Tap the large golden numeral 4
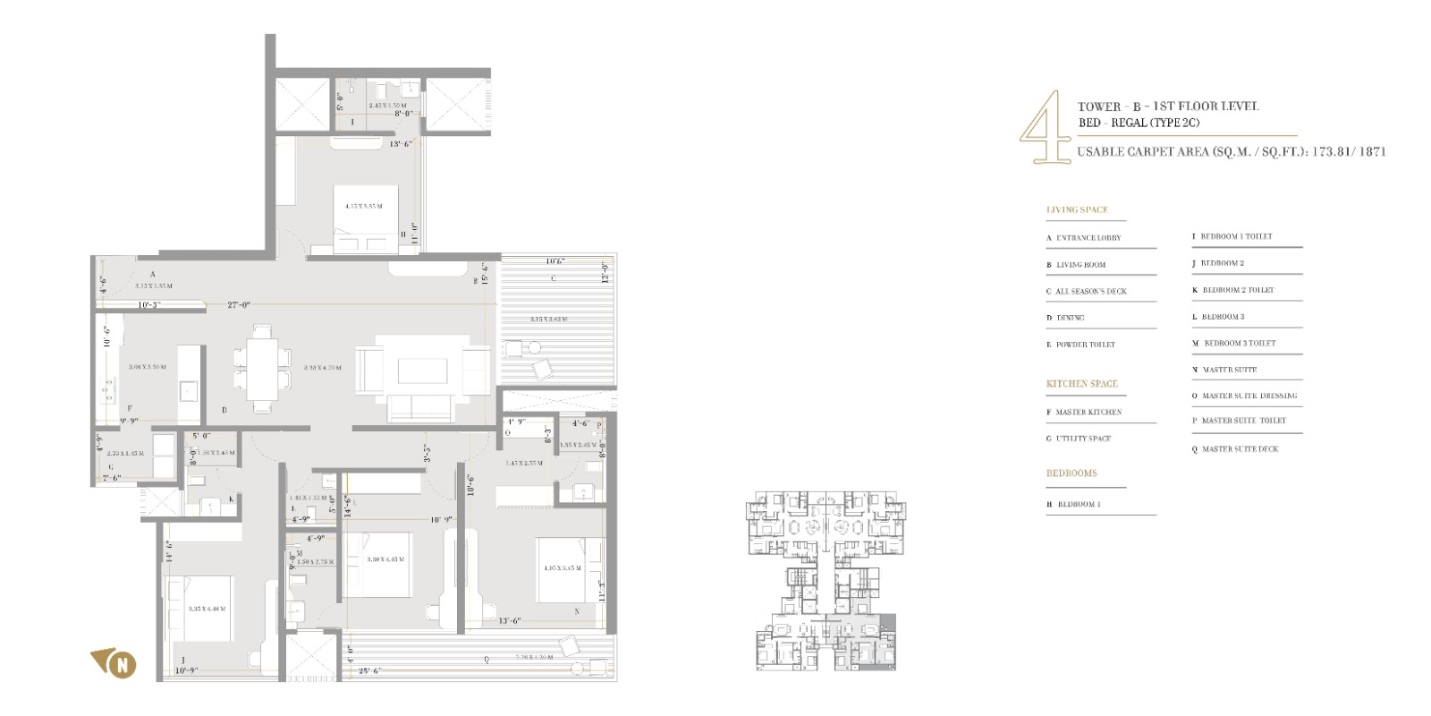click(1044, 127)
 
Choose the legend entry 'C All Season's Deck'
click(1086, 292)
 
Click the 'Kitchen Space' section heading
click(1081, 384)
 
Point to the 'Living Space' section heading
click(1077, 210)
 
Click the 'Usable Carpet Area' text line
click(1231, 152)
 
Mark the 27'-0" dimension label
click(238, 305)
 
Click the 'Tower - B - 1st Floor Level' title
click(1167, 107)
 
